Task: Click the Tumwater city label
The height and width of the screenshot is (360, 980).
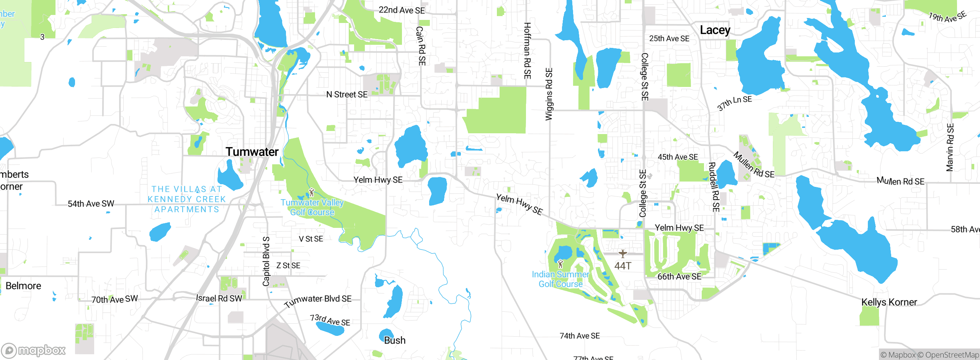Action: click(252, 152)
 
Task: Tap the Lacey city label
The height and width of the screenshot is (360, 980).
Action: click(715, 30)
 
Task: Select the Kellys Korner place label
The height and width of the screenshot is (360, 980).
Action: click(889, 302)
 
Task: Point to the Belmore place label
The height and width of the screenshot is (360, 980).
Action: click(23, 286)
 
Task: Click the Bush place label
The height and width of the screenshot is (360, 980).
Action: click(395, 340)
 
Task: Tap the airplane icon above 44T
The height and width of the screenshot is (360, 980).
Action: click(623, 254)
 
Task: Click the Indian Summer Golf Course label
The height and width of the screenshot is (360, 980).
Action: click(560, 279)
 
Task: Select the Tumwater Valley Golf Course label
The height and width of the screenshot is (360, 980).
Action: click(312, 207)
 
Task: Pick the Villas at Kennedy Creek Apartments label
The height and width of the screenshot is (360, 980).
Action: click(187, 199)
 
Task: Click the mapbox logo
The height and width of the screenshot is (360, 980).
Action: click(34, 350)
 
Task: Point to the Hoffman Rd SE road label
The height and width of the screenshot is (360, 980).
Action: click(527, 51)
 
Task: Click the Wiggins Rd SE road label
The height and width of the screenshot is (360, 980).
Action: click(549, 94)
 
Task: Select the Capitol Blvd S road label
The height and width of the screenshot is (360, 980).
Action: click(266, 261)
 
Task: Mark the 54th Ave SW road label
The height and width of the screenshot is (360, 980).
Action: click(91, 204)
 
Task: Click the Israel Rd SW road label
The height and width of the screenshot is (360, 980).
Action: click(219, 298)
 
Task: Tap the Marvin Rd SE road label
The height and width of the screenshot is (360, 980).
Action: click(950, 147)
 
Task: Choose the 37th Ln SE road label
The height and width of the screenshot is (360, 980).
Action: click(734, 103)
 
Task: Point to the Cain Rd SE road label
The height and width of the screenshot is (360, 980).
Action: click(421, 46)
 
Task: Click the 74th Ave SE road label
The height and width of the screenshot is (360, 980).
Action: click(580, 336)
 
